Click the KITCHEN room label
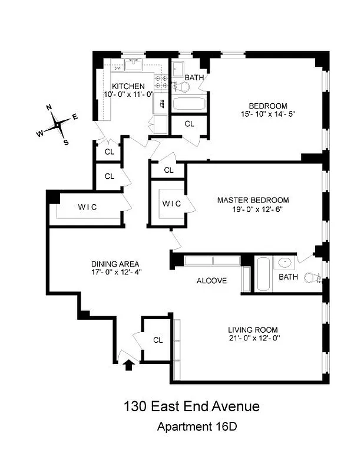pyautogui.click(x=128, y=86)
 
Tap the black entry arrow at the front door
pyautogui.click(x=129, y=365)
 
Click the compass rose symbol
pyautogui.click(x=58, y=124)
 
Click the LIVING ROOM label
pyautogui.click(x=253, y=330)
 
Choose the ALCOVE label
pyautogui.click(x=211, y=281)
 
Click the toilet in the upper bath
pyautogui.click(x=184, y=87)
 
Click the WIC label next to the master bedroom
pyautogui.click(x=171, y=204)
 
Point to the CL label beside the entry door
pyautogui.click(x=157, y=340)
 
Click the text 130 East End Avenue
pyautogui.click(x=191, y=407)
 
